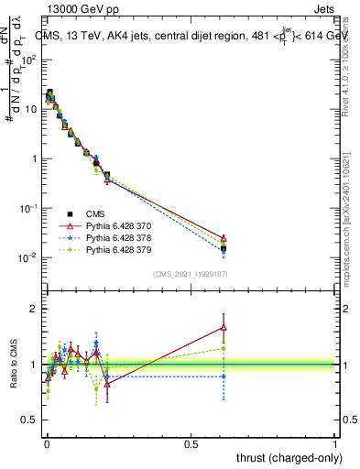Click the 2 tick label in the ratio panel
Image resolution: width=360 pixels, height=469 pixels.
point(32,309)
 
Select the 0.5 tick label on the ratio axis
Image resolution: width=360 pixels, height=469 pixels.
point(27,420)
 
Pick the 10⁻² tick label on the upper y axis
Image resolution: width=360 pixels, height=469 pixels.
point(27,257)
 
